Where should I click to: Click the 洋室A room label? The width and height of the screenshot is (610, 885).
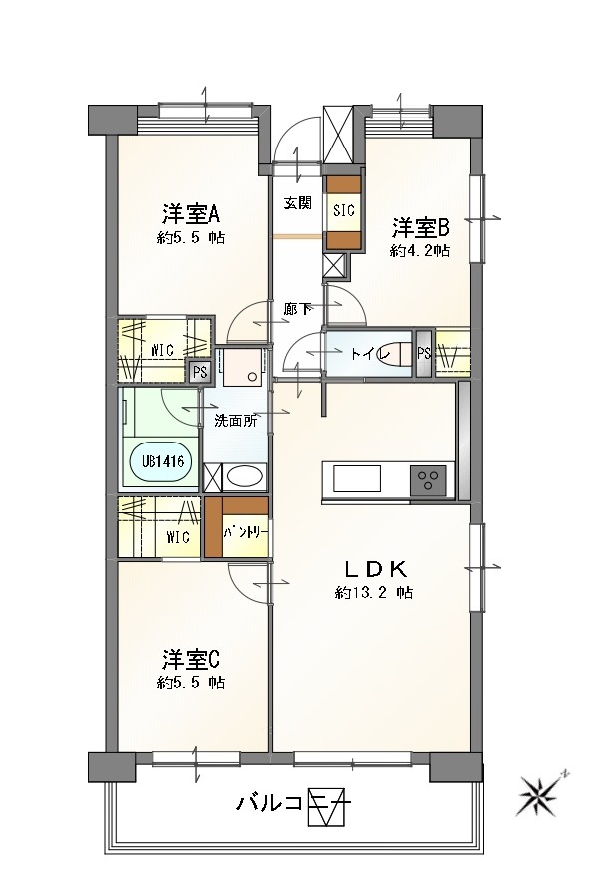[192, 214]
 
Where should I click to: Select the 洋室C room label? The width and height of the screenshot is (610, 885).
[191, 660]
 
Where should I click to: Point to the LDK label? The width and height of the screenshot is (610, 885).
[375, 569]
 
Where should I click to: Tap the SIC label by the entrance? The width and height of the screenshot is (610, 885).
[344, 210]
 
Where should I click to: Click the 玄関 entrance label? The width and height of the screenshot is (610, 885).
[297, 203]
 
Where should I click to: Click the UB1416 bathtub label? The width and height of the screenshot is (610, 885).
[157, 461]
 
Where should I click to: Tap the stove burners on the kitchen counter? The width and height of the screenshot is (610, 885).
[430, 479]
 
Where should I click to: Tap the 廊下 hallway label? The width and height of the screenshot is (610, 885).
[296, 309]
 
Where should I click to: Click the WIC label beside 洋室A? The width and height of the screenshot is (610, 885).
[164, 351]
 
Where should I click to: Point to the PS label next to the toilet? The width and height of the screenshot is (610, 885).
[424, 352]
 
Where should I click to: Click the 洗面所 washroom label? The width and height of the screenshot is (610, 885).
[236, 420]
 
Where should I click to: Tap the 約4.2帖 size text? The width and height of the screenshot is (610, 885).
[419, 251]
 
